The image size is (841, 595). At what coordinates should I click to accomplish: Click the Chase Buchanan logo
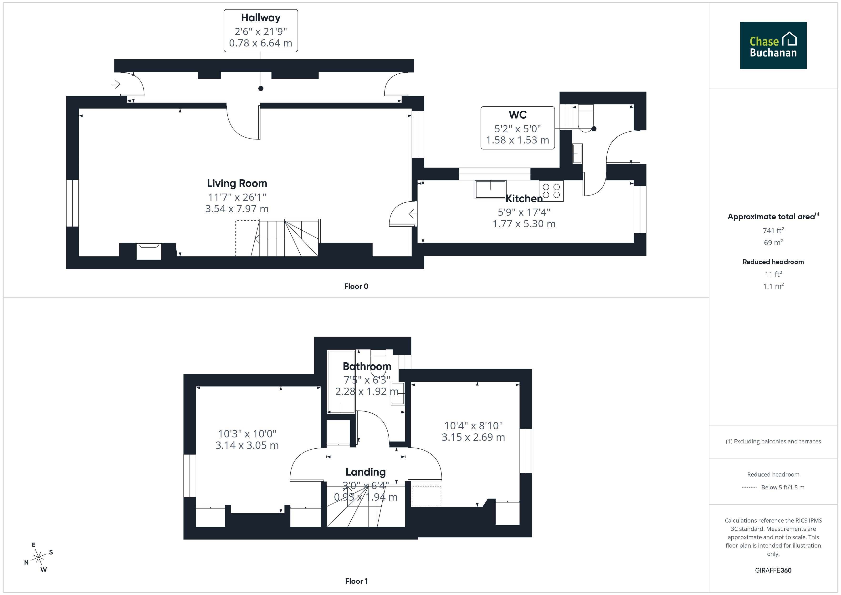773,46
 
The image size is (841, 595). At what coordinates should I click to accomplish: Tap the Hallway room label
261,18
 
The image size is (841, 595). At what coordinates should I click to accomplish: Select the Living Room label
237,183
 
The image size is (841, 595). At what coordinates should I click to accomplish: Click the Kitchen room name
524,199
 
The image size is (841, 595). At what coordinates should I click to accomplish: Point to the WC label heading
518,115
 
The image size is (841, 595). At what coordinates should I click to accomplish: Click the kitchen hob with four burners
551,191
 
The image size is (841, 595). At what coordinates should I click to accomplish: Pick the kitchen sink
490,190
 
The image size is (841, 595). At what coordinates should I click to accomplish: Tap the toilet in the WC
585,118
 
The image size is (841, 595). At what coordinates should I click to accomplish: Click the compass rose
38,558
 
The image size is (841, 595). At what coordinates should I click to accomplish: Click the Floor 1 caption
356,581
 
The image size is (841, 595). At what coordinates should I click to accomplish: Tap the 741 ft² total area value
773,231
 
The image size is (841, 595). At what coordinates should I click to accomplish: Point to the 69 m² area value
773,242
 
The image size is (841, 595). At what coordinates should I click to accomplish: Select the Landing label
366,472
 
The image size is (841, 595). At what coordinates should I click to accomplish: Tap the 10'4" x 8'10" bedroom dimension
473,426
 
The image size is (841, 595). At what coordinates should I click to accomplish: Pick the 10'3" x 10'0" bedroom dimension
247,434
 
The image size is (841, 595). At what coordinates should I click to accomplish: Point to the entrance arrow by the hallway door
116,84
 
